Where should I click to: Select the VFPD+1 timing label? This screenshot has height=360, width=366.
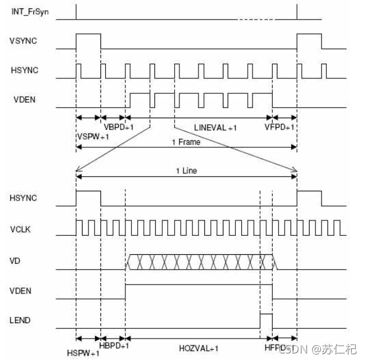[x=279, y=128]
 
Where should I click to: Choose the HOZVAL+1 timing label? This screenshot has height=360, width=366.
[x=198, y=346]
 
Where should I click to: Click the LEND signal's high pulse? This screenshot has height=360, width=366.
[x=266, y=320]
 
